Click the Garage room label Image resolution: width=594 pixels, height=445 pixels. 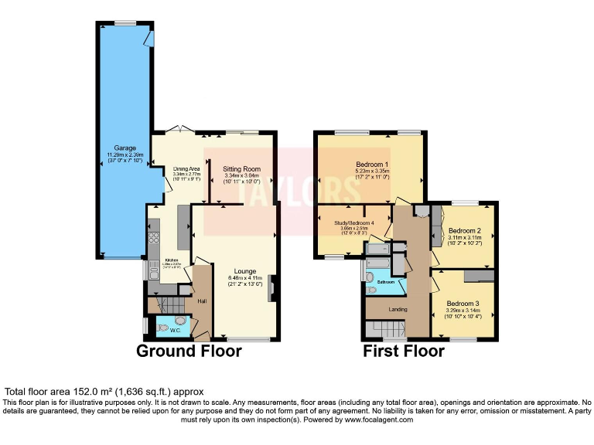125,148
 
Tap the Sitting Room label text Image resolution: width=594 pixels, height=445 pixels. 242,168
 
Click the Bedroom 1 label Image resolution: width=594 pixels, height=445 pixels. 371,165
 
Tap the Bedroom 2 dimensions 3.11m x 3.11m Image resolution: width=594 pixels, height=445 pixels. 465,239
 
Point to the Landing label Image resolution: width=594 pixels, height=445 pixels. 398,310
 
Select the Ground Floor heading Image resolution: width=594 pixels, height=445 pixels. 189,352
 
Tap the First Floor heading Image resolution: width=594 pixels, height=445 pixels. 404,352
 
